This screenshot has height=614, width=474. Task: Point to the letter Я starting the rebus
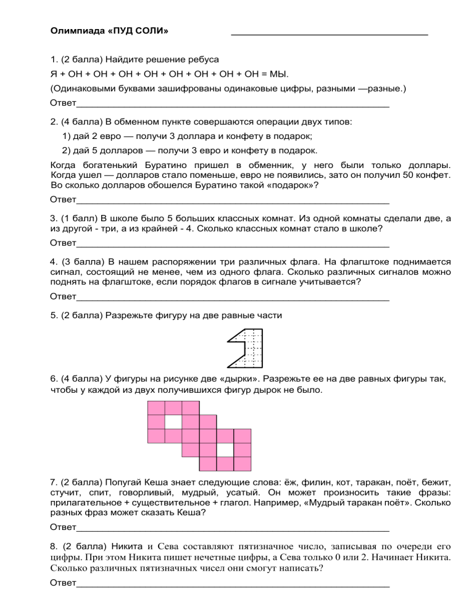coord(53,74)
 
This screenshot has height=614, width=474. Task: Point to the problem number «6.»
coord(54,379)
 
